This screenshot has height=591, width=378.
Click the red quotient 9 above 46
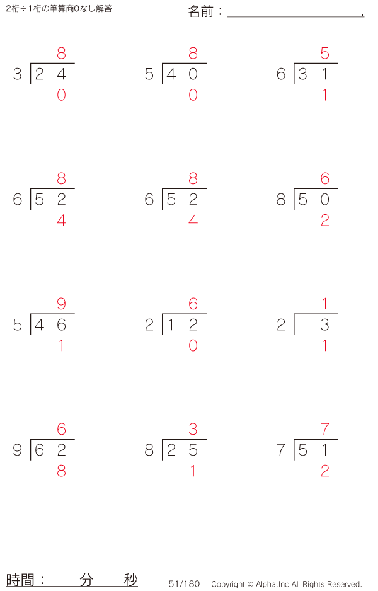pyautogui.click(x=61, y=304)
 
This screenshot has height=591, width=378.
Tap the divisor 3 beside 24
pyautogui.click(x=18, y=74)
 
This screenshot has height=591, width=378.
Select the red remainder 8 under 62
pyautogui.click(x=61, y=471)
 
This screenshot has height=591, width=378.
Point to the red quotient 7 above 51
pyautogui.click(x=324, y=429)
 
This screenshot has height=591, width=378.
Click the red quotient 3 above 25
pyautogui.click(x=193, y=429)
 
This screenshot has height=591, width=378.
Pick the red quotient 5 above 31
pyautogui.click(x=324, y=53)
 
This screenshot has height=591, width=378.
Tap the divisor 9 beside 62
pyautogui.click(x=18, y=450)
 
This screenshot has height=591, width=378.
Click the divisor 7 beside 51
pyautogui.click(x=281, y=450)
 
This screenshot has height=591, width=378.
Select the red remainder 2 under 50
pyautogui.click(x=324, y=220)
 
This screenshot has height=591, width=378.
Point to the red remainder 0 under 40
pyautogui.click(x=193, y=95)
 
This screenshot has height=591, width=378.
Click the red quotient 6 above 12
pyautogui.click(x=193, y=304)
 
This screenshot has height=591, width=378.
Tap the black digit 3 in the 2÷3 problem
pyautogui.click(x=324, y=324)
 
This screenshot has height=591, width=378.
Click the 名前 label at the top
pyautogui.click(x=200, y=12)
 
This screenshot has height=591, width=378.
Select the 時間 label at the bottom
pyautogui.click(x=20, y=580)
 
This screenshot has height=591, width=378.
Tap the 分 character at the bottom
pyautogui.click(x=86, y=580)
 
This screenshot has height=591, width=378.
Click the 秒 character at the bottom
pyautogui.click(x=131, y=580)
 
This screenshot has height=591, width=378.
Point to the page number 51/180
pyautogui.click(x=184, y=584)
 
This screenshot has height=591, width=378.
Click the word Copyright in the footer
pyautogui.click(x=228, y=584)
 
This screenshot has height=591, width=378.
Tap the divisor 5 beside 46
pyautogui.click(x=18, y=324)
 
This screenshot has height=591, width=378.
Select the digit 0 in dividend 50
pyautogui.click(x=324, y=199)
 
